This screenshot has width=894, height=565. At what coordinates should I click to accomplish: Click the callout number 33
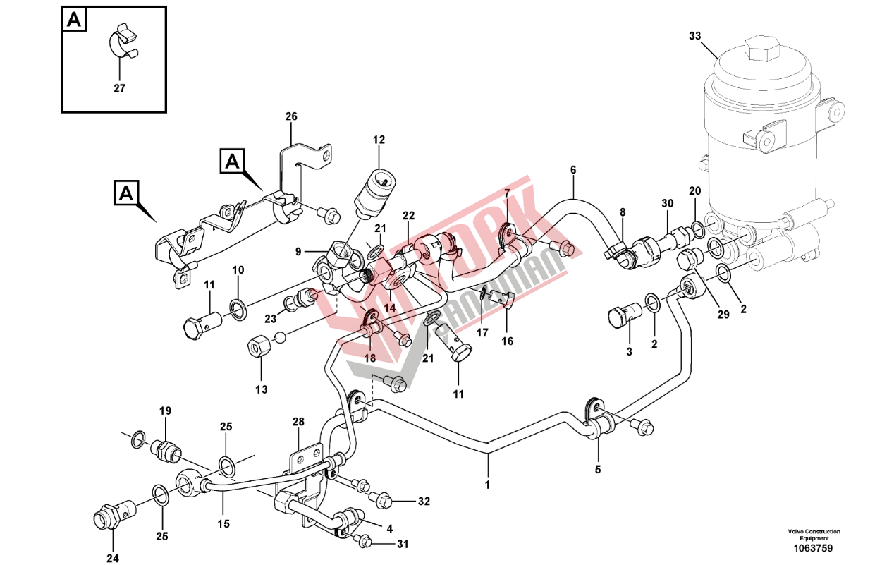[695, 35]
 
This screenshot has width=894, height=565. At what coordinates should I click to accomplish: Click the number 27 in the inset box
[119, 89]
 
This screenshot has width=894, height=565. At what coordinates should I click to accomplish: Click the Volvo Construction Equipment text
[814, 535]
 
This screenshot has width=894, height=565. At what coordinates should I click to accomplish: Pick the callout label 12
[379, 140]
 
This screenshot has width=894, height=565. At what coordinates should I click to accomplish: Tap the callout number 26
[292, 116]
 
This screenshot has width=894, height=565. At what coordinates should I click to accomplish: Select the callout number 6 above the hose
[573, 169]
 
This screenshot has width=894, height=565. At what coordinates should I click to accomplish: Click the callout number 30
[668, 203]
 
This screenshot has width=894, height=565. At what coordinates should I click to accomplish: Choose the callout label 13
[262, 389]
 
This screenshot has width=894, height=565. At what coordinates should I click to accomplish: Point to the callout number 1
[486, 485]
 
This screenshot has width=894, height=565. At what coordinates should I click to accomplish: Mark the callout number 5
[598, 468]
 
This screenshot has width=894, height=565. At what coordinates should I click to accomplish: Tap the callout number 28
[298, 422]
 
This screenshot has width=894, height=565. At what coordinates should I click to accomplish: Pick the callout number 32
[423, 502]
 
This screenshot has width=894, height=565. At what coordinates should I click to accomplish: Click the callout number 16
[508, 341]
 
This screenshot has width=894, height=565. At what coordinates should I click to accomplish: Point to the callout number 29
[723, 315]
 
